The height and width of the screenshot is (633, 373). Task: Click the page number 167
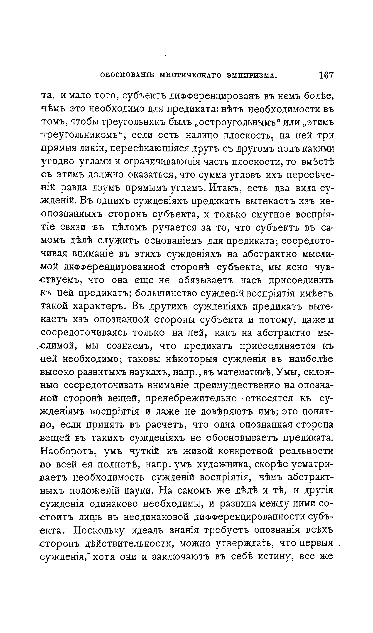click(326, 75)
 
